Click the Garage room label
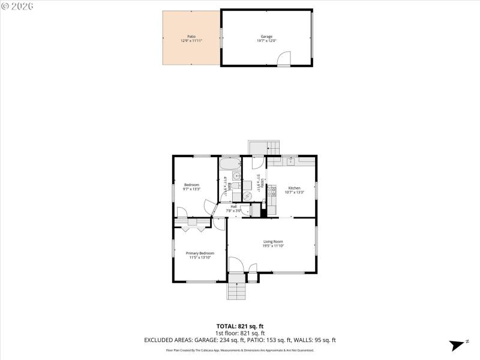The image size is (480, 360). [x=266, y=36]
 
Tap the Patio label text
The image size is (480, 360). [x=191, y=36]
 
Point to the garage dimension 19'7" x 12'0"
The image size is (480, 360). [x=266, y=41]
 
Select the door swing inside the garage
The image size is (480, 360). [x=283, y=59]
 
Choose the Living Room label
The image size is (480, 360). [x=273, y=241]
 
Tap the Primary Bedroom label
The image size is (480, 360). [x=200, y=253]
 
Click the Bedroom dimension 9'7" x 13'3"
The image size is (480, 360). [x=191, y=189]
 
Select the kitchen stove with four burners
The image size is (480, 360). [x=271, y=191]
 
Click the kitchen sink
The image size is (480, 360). [x=290, y=161]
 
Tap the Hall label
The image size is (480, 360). [x=233, y=206]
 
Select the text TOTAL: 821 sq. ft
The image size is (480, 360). [x=240, y=326]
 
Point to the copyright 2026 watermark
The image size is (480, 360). [x=17, y=5]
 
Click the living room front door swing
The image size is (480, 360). [x=235, y=265]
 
